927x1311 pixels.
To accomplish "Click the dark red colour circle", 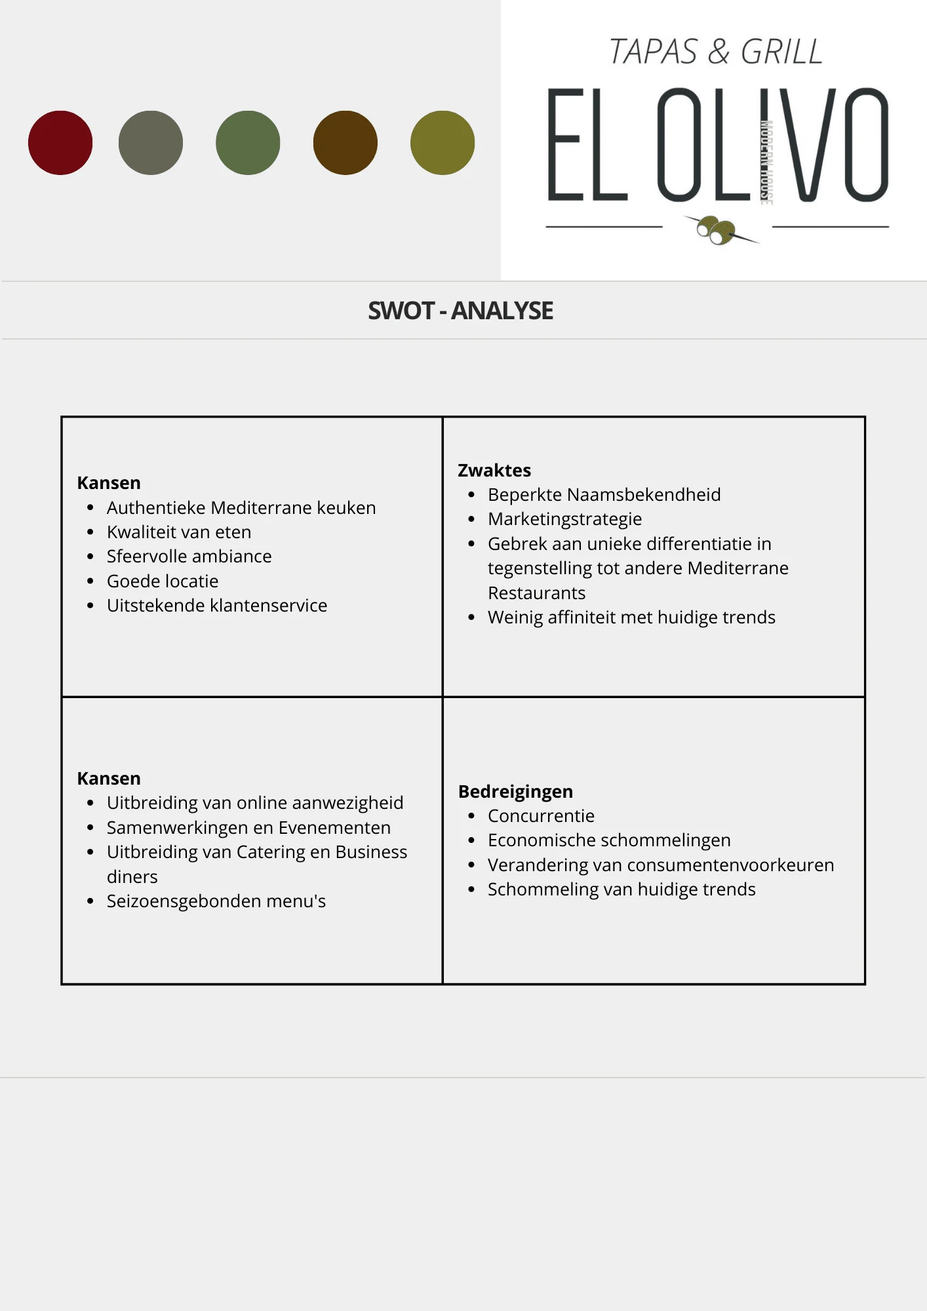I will [60, 143].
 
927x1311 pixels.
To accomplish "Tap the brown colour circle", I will [345, 143].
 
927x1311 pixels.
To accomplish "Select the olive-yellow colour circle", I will [443, 143].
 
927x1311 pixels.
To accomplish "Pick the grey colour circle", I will [151, 143].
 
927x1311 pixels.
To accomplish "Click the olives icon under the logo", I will [717, 229].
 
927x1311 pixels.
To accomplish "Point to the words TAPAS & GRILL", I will [716, 52].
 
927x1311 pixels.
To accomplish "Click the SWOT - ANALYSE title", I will [460, 311].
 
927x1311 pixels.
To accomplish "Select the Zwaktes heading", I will [494, 471].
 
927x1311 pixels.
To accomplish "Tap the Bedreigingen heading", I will [515, 792].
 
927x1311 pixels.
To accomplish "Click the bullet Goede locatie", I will [163, 581].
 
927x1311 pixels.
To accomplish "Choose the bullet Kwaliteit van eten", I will [179, 532].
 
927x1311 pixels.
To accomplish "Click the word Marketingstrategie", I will [564, 519].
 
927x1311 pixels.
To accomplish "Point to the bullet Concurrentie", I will [541, 816].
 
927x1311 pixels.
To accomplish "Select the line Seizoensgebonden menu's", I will [216, 901].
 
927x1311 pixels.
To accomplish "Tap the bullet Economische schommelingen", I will [609, 840].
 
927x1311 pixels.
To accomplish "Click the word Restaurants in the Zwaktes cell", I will [536, 593].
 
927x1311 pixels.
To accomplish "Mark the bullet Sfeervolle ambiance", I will [189, 557].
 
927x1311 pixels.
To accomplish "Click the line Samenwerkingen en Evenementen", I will [248, 828].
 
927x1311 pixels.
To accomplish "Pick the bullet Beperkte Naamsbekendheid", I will [604, 495].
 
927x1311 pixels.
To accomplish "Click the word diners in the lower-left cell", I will [132, 877].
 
